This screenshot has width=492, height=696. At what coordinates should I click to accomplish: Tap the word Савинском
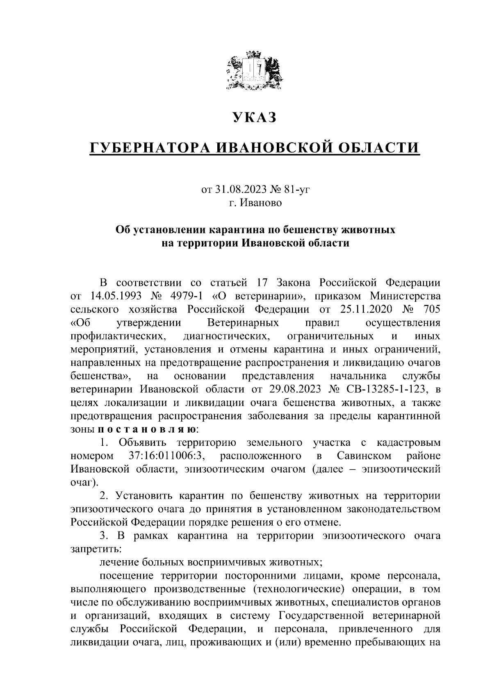(364, 456)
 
